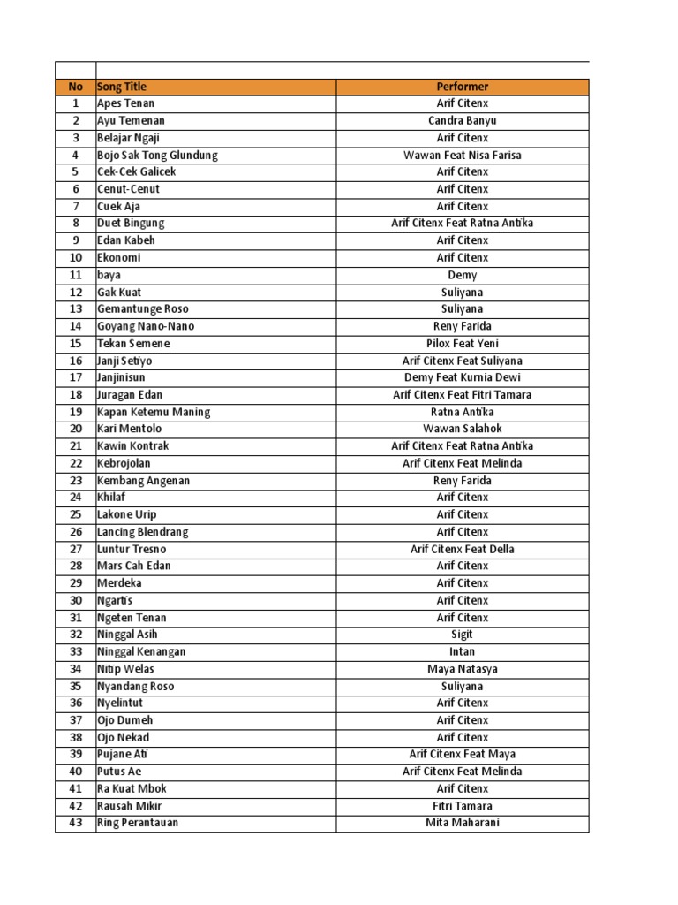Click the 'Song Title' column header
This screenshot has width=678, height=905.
(123, 87)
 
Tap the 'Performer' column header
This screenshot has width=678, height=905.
(462, 87)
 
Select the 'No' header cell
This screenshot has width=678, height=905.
(75, 87)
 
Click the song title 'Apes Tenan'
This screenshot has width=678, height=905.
(125, 103)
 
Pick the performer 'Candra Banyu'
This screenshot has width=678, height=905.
(462, 120)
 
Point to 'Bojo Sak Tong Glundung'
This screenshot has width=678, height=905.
(157, 155)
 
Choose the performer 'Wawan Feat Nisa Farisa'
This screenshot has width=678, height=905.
(462, 155)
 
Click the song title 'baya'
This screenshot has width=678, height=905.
(109, 275)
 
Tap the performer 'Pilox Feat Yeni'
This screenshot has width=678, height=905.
(462, 343)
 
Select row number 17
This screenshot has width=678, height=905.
(75, 377)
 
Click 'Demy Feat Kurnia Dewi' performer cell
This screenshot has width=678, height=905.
(462, 377)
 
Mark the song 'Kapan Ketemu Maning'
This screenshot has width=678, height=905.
(154, 412)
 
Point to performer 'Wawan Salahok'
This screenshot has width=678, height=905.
(462, 429)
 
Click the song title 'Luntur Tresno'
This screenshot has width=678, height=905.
(132, 549)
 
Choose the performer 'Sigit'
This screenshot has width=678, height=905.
(462, 635)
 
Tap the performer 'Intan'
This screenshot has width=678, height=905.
(462, 651)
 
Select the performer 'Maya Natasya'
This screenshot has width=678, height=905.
(462, 669)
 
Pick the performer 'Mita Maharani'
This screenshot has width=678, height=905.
(462, 823)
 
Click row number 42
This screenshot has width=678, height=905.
(75, 806)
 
